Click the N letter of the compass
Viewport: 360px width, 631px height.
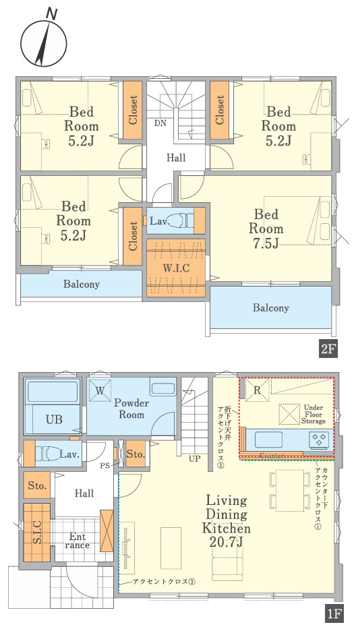[x=51, y=14]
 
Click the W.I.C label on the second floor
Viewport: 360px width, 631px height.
[x=175, y=268]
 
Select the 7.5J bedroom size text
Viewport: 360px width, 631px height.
[x=266, y=243]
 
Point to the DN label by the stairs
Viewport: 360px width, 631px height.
[x=160, y=123]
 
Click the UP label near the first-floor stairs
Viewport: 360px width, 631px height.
[x=195, y=459]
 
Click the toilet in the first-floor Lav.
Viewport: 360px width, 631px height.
[x=47, y=454]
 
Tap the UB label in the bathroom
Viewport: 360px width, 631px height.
[x=54, y=419]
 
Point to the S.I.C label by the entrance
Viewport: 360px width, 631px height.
[x=36, y=533]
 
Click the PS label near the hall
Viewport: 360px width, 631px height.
[x=105, y=466]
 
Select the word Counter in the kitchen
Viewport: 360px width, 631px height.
[x=272, y=456]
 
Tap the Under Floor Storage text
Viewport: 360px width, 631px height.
[x=313, y=414]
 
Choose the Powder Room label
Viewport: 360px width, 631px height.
[x=131, y=409]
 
